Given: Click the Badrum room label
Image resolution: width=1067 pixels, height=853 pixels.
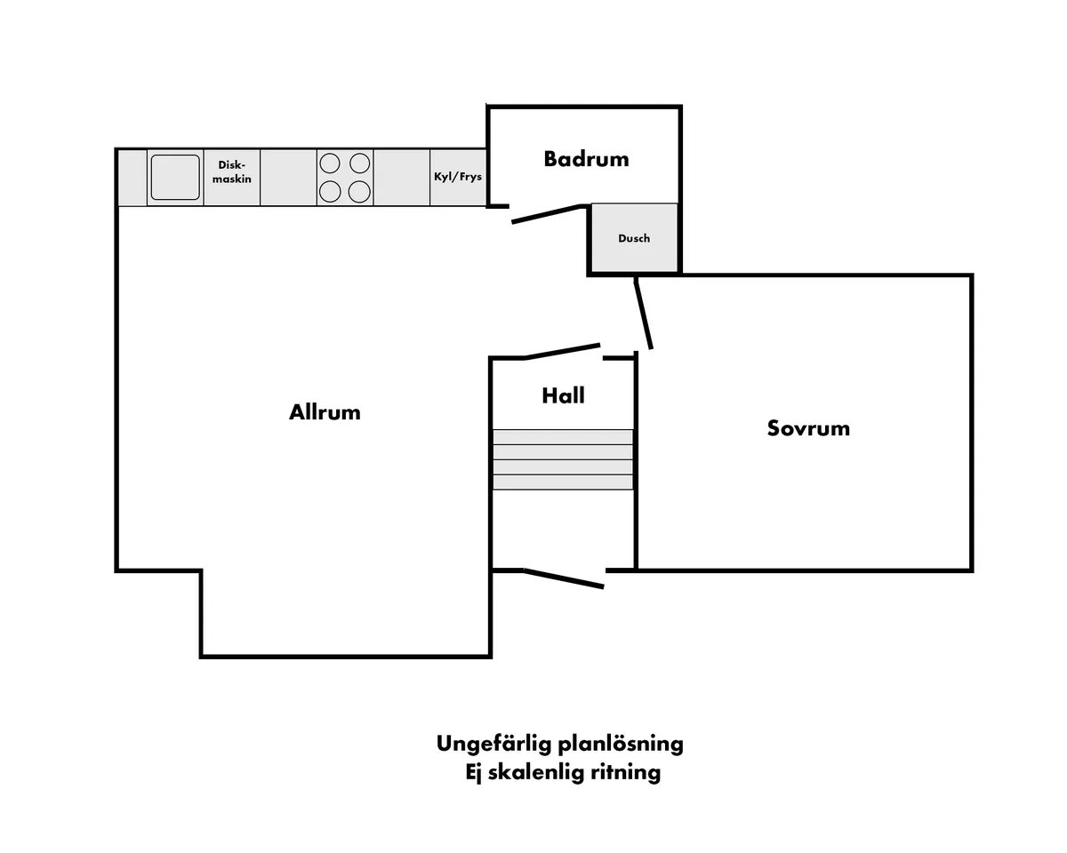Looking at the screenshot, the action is pyautogui.click(x=586, y=159).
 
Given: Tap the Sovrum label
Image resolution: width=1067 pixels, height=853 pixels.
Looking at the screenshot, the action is pyautogui.click(x=808, y=428).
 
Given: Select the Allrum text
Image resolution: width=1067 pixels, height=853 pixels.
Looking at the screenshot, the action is pyautogui.click(x=325, y=412).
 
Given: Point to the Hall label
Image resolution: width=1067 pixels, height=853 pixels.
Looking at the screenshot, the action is pyautogui.click(x=563, y=395).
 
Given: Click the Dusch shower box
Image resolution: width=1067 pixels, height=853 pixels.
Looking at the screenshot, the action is pyautogui.click(x=635, y=237).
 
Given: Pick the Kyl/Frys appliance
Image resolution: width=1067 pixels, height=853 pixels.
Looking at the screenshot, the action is pyautogui.click(x=458, y=177).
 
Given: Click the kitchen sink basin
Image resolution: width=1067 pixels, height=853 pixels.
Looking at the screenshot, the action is pyautogui.click(x=175, y=177).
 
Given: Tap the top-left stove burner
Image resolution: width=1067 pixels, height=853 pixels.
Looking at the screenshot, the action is pyautogui.click(x=330, y=163).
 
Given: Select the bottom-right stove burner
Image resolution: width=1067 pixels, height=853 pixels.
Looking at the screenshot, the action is pyautogui.click(x=359, y=192).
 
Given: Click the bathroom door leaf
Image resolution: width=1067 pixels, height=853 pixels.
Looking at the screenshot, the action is pyautogui.click(x=547, y=214).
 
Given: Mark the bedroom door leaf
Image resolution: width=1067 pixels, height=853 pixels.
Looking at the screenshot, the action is pyautogui.click(x=644, y=314).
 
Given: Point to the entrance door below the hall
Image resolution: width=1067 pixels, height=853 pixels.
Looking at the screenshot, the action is pyautogui.click(x=565, y=578).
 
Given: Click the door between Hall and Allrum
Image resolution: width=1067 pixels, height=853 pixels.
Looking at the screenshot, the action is pyautogui.click(x=562, y=351).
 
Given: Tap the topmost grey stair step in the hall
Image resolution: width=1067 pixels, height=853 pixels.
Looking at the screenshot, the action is pyautogui.click(x=563, y=437).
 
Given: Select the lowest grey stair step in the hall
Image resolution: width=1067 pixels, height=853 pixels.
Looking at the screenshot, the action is pyautogui.click(x=563, y=482).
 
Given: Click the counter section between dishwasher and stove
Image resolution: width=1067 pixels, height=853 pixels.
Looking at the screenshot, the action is pyautogui.click(x=289, y=177).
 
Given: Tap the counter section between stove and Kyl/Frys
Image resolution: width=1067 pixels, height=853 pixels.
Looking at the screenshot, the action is pyautogui.click(x=402, y=177).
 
